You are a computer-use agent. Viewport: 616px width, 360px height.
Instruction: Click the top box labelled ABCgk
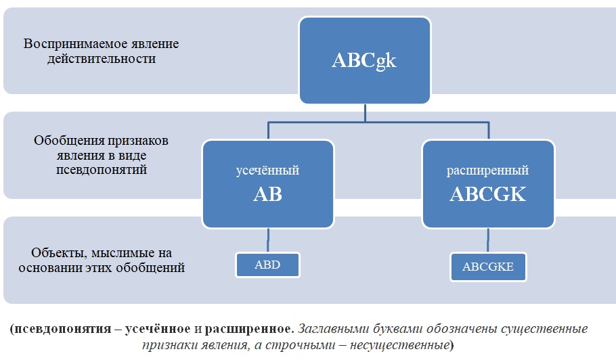pyautogui.click(x=364, y=61)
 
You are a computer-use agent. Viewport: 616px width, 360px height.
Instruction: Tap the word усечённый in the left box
pyautogui.click(x=268, y=171)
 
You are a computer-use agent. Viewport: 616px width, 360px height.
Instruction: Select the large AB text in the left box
pyautogui.click(x=268, y=195)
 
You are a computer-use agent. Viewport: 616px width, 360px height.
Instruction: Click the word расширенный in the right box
pyautogui.click(x=487, y=171)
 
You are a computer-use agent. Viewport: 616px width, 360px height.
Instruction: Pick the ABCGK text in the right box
pyautogui.click(x=487, y=195)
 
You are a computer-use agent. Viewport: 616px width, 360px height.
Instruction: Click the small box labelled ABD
pyautogui.click(x=267, y=265)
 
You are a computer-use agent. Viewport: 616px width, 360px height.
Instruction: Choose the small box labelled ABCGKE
pyautogui.click(x=487, y=267)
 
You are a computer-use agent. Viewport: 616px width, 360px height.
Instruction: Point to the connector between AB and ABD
pyautogui.click(x=268, y=240)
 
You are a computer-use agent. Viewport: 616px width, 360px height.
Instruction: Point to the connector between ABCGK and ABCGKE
pyautogui.click(x=487, y=241)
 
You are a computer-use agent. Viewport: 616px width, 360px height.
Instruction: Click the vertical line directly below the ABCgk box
pyautogui.click(x=365, y=112)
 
